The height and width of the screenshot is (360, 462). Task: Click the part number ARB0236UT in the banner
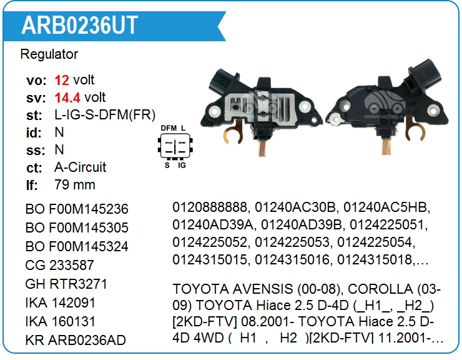79,26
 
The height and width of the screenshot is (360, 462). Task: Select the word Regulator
49,54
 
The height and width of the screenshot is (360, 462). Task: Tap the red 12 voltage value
62,80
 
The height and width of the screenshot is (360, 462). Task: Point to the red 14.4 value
67,97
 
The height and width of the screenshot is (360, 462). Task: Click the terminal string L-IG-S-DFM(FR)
105,115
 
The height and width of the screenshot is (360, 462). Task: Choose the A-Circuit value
80,167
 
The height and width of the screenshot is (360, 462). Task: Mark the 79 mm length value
75,185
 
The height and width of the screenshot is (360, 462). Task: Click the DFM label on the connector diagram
169,128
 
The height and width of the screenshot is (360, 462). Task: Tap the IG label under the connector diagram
182,165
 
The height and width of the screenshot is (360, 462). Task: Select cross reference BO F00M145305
77,227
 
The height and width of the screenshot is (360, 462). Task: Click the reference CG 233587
59,265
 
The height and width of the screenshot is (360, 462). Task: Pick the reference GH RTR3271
66,284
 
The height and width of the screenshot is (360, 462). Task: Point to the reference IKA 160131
61,322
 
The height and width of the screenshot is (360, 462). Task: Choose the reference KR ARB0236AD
76,340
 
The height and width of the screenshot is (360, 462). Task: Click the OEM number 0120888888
210,207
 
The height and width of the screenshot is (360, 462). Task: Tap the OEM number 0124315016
292,259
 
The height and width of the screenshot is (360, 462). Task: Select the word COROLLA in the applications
380,289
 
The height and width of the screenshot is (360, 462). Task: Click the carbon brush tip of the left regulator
262,149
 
